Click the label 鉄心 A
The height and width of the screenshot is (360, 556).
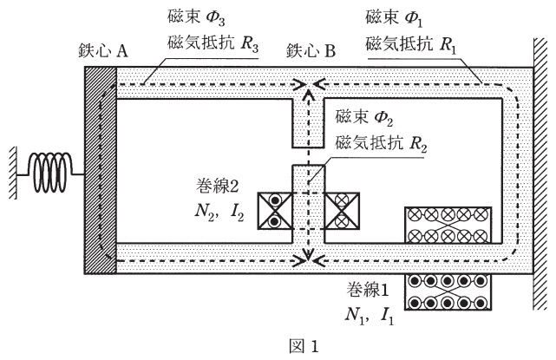point(101,51)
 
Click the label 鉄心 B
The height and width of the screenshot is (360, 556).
point(311,51)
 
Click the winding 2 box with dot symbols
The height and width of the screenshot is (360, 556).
point(273,210)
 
